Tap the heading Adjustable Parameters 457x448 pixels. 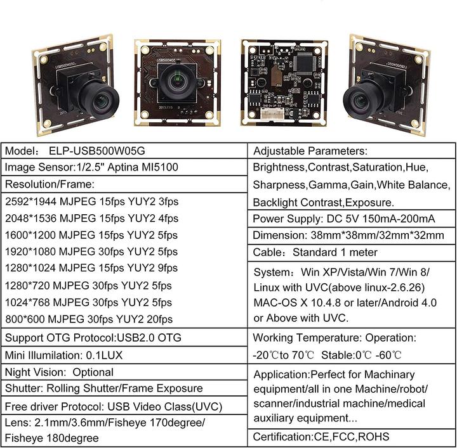coord(310,151)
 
